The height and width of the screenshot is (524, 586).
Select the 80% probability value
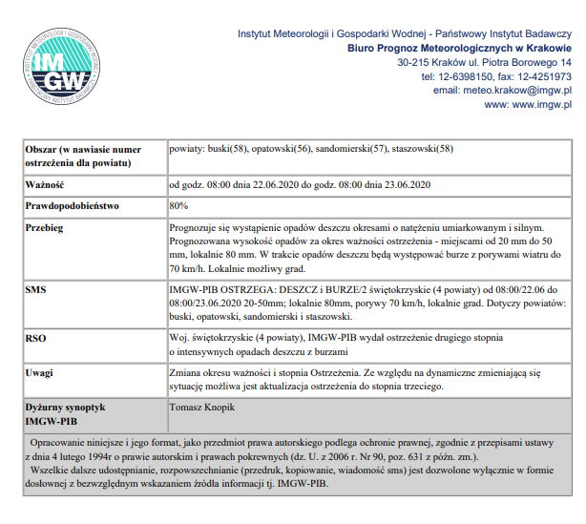pyautogui.click(x=178, y=205)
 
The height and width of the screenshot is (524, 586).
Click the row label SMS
pyautogui.click(x=35, y=288)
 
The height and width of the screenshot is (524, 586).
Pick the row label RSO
pyautogui.click(x=35, y=338)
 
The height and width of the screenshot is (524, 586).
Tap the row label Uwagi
pyautogui.click(x=40, y=371)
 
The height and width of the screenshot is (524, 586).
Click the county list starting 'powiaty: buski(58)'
pyautogui.click(x=311, y=149)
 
